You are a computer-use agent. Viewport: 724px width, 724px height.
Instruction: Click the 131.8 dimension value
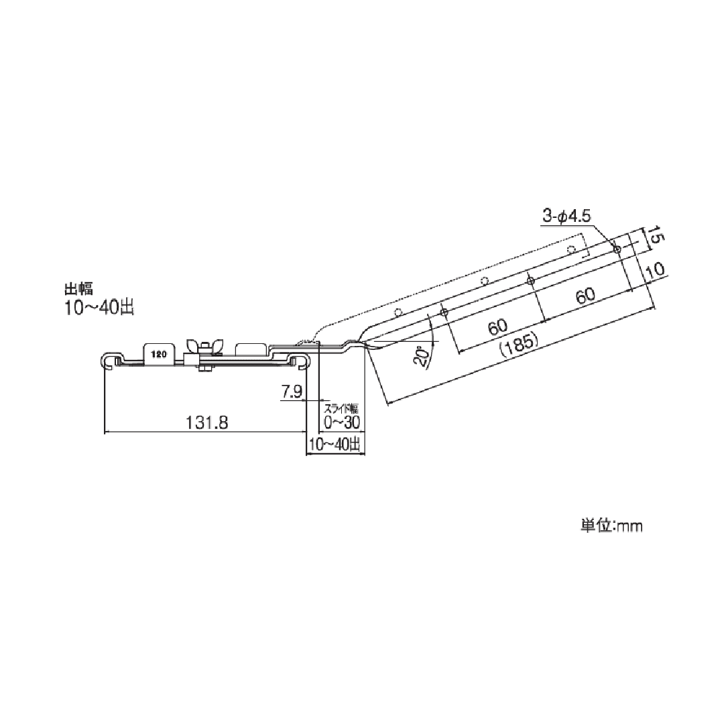tap(207, 422)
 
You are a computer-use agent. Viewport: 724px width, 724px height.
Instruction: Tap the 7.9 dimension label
tap(292, 392)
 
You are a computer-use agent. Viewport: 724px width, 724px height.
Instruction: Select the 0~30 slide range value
tap(342, 422)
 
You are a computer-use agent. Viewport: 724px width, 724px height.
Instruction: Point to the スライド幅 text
tap(341, 409)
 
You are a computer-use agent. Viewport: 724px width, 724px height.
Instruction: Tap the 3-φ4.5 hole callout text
tap(566, 216)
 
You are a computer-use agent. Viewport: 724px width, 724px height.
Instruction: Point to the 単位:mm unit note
tap(611, 526)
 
